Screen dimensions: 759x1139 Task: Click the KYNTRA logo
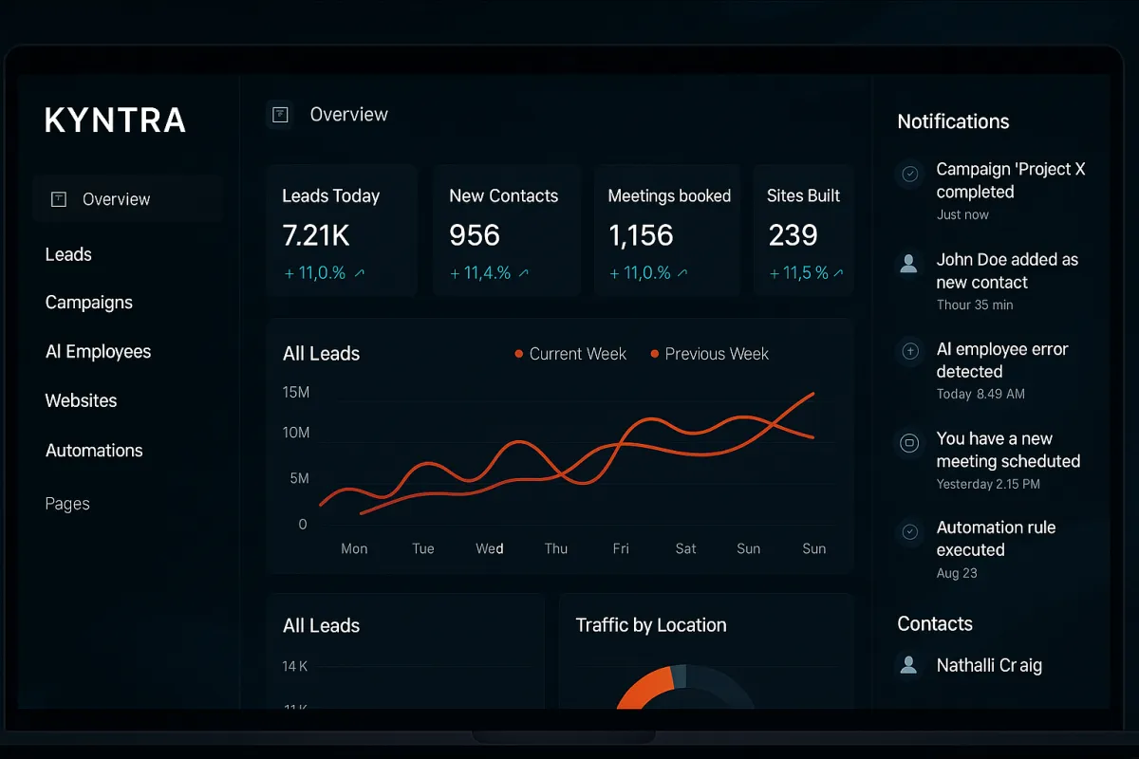[x=115, y=120]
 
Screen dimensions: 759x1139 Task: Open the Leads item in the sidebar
[x=68, y=254]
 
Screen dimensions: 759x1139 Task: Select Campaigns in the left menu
[x=89, y=303]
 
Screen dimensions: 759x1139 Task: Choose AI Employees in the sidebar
[x=98, y=351]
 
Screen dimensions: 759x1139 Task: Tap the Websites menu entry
[x=81, y=400]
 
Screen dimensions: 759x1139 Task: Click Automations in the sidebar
[x=94, y=451]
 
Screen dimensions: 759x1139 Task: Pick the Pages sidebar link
[x=67, y=504]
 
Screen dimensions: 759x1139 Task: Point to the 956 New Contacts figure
[x=475, y=235]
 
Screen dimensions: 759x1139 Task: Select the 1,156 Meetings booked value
[x=641, y=235]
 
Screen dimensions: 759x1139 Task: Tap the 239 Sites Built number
[x=793, y=235]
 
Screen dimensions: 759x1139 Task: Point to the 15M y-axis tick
[x=296, y=393]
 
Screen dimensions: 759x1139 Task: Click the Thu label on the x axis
[x=556, y=548]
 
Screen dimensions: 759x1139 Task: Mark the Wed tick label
[x=490, y=548]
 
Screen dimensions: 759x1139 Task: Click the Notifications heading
[x=953, y=121]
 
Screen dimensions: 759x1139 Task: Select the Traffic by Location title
[x=651, y=625]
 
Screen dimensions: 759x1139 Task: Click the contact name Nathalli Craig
[x=989, y=665]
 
